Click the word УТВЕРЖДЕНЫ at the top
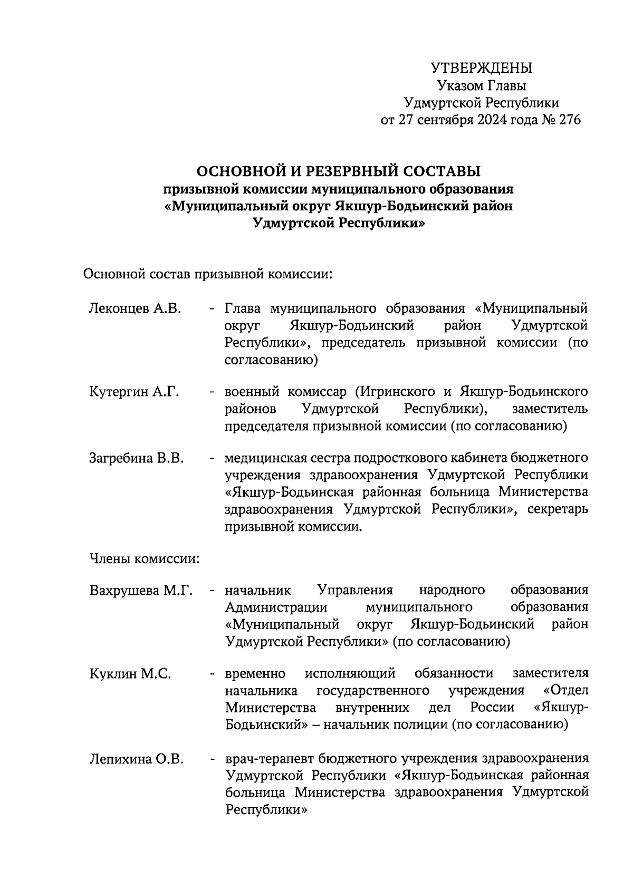coord(481,68)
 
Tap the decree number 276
coord(569,120)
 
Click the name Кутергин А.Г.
coord(134,392)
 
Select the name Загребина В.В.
coord(136,458)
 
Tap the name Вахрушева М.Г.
coord(141,590)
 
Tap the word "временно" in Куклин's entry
coord(255,674)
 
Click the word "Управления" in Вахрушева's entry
coord(355,590)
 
